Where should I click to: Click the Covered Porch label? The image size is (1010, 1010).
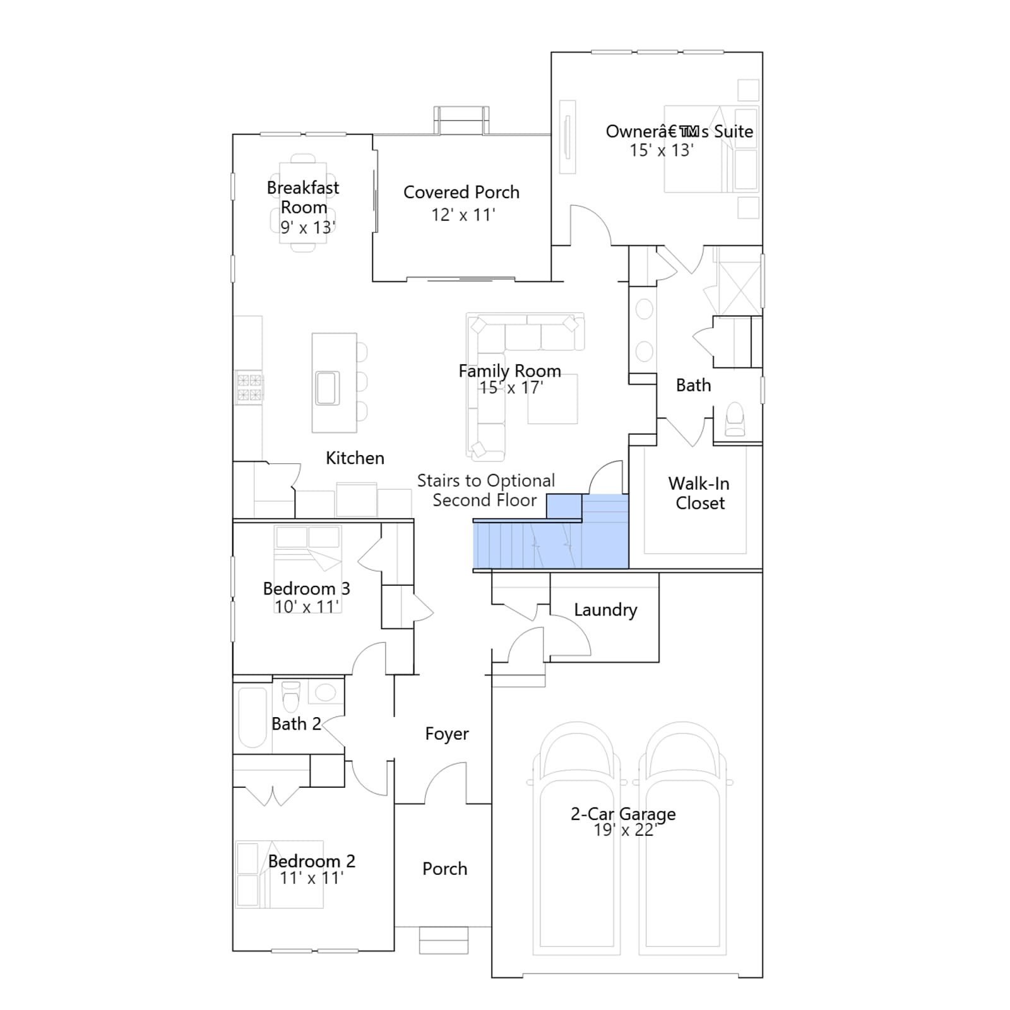point(461,192)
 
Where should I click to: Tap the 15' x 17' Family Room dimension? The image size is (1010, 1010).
point(511,388)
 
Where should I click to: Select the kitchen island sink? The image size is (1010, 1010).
point(328,388)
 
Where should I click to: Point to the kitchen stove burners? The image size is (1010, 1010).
point(249,388)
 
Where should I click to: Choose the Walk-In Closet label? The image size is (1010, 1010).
point(699,493)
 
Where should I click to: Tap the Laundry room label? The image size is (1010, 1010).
point(605,610)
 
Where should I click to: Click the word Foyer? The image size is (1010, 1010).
point(447,734)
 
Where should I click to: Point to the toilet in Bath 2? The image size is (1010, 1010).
point(290,696)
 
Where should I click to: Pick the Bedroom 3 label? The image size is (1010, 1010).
point(306,588)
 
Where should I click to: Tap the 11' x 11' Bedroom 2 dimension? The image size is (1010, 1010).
point(311,878)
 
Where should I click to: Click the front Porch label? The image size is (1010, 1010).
point(445,869)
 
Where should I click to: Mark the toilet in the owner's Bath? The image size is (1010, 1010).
point(735,420)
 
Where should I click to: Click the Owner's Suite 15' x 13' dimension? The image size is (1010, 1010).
point(662,150)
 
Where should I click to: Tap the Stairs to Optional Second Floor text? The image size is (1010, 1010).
point(485,490)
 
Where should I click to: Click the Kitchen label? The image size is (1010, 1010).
point(355,458)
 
